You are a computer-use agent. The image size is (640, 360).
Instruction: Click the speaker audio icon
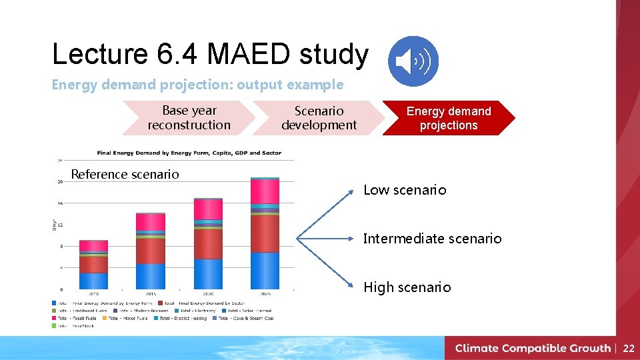coord(413,61)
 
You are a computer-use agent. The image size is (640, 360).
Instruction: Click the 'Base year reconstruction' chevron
coord(189,118)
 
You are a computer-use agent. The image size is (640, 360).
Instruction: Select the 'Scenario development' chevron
coord(319,118)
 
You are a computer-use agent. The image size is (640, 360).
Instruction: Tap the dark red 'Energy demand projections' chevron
coord(448,118)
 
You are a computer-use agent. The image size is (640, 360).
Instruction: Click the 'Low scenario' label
coord(405,190)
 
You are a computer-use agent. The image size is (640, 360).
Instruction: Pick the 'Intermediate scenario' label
coord(432,239)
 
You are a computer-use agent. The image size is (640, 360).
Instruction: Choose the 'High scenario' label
coord(407,287)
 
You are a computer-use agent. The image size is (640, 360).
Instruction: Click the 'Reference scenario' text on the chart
coord(125,175)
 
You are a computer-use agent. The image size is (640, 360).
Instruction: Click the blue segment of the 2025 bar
coord(265,271)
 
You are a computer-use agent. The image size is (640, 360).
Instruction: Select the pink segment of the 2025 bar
coord(265,191)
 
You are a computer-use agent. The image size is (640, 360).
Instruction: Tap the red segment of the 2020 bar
coord(208,243)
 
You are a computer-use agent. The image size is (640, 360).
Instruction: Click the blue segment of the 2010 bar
coord(93,281)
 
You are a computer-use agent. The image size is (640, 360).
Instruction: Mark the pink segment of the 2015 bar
coord(150,222)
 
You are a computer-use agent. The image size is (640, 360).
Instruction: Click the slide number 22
coord(629,348)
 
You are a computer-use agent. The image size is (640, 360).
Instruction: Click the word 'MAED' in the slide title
coord(248,55)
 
